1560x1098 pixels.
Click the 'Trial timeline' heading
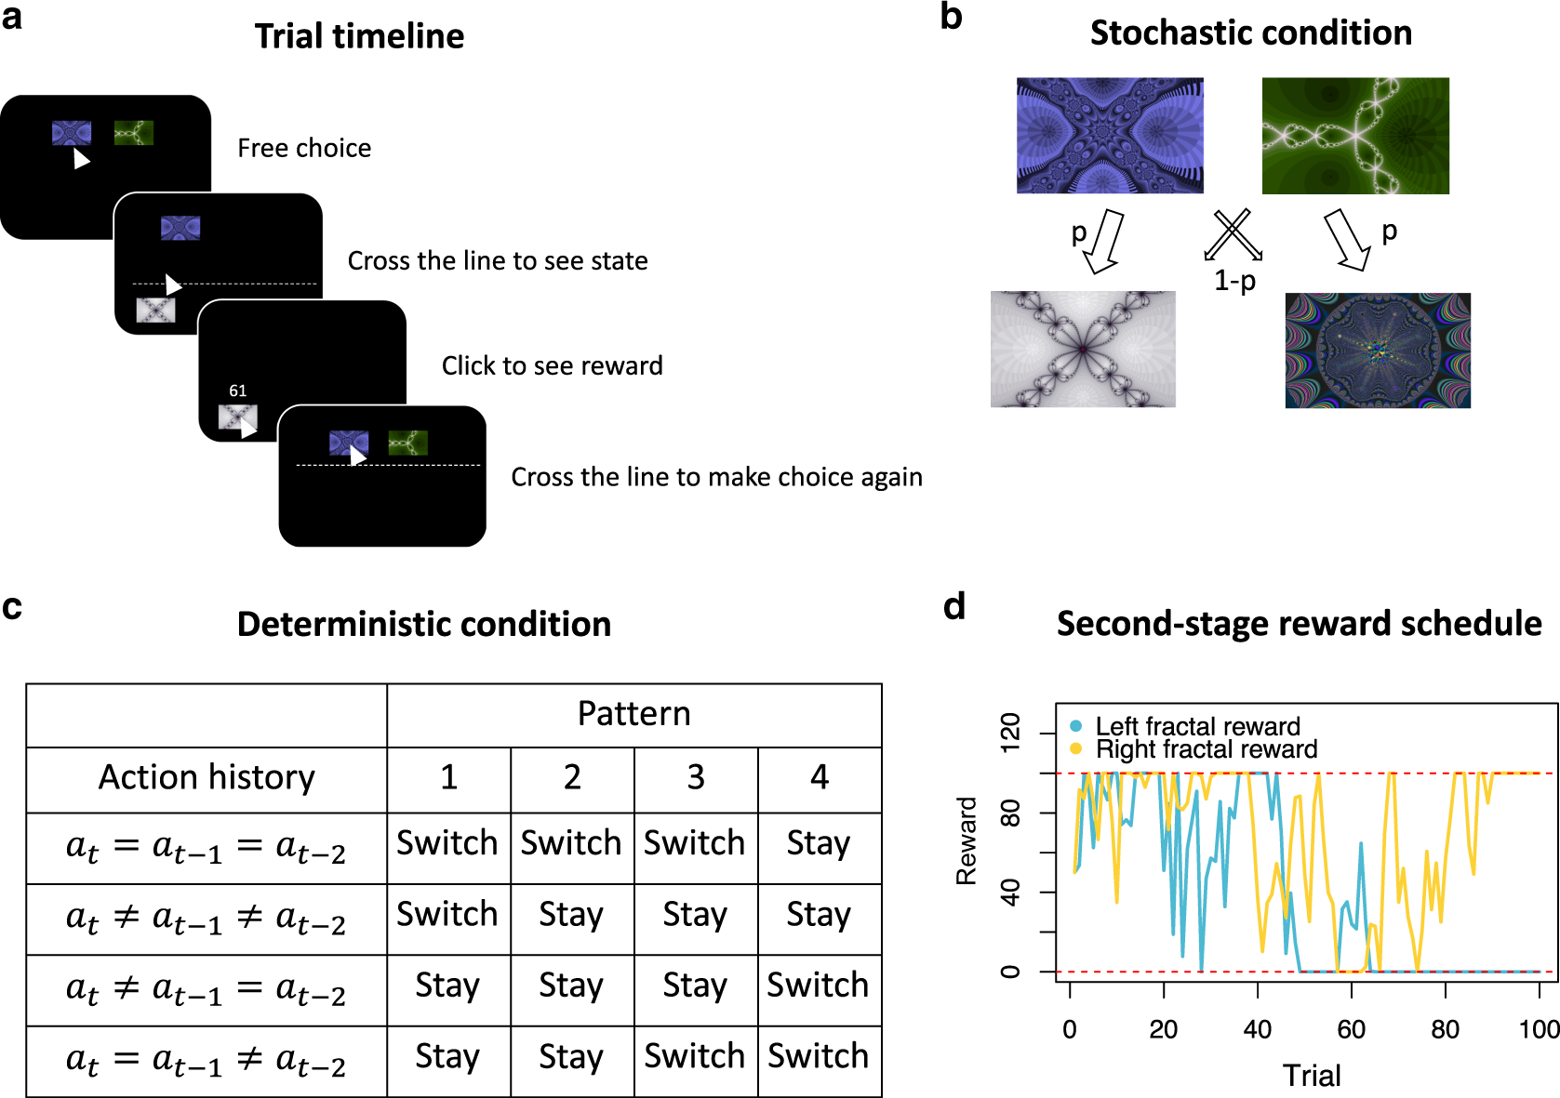[359, 36]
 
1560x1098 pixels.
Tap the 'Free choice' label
[304, 148]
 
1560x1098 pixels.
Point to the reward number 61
[238, 391]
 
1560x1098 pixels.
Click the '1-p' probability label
[1235, 280]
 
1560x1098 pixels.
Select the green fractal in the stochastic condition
[1355, 136]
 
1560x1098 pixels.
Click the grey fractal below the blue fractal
[1083, 349]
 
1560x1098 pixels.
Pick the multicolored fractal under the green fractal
[1378, 351]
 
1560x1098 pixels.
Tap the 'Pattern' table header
[633, 714]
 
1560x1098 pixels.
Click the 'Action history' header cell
[207, 777]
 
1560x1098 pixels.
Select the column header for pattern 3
[696, 777]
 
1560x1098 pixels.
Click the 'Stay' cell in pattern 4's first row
[819, 844]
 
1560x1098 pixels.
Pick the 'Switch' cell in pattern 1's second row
[447, 915]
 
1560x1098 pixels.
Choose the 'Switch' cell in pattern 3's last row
[695, 1057]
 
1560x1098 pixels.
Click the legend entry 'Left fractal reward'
[1197, 726]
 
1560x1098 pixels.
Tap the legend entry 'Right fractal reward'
[1206, 749]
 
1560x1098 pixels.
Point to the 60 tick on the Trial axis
[1351, 1029]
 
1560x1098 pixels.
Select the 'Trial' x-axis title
[1312, 1076]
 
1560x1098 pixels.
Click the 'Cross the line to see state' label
[498, 261]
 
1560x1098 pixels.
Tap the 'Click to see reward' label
[552, 366]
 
